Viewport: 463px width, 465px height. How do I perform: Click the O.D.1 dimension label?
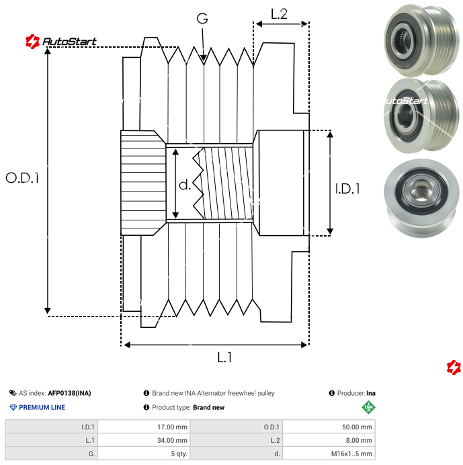pyautogui.click(x=22, y=179)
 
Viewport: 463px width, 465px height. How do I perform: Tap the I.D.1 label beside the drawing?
pyautogui.click(x=347, y=189)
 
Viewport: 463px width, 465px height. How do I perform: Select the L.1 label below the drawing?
pyautogui.click(x=224, y=358)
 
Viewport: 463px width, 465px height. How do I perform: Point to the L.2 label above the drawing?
pyautogui.click(x=279, y=13)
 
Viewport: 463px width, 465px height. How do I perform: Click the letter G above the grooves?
pyautogui.click(x=202, y=19)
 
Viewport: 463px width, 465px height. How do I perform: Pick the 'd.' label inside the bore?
pyautogui.click(x=186, y=185)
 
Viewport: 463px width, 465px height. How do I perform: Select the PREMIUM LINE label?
pyautogui.click(x=42, y=407)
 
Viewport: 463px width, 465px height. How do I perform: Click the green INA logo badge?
pyautogui.click(x=368, y=407)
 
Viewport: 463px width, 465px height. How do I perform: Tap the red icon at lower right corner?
pyautogui.click(x=454, y=367)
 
